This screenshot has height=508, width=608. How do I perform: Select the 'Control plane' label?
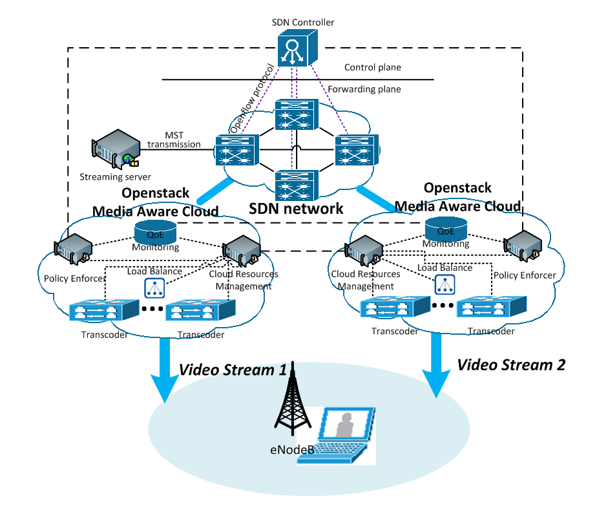pyautogui.click(x=372, y=67)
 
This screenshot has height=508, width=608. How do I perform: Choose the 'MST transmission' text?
pyautogui.click(x=174, y=140)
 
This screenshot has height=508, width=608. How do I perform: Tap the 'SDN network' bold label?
pyautogui.click(x=296, y=208)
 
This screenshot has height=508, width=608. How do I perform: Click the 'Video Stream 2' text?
pyautogui.click(x=511, y=365)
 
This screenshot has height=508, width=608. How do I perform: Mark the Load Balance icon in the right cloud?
pyautogui.click(x=444, y=283)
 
